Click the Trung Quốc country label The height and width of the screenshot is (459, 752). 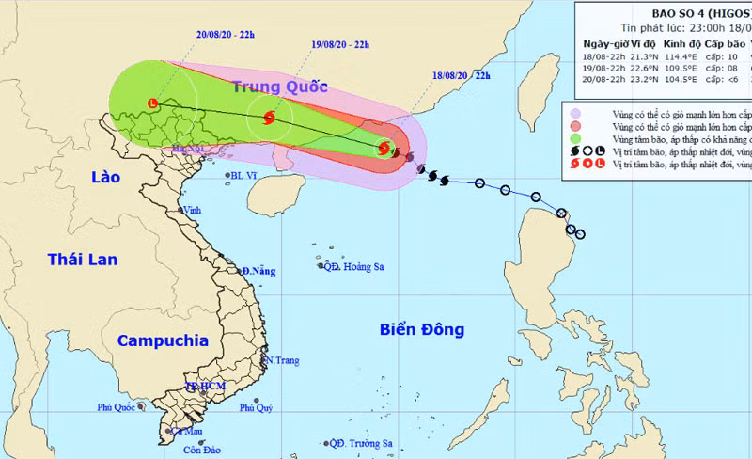(280, 87)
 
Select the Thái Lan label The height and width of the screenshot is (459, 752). (83, 259)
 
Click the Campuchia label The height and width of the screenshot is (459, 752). (162, 340)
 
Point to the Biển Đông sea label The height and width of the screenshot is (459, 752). (422, 329)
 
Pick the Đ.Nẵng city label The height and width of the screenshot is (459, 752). (258, 271)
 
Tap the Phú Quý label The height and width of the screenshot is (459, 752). (256, 407)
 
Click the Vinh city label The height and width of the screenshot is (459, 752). (193, 210)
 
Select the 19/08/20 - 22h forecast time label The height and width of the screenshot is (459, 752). (339, 44)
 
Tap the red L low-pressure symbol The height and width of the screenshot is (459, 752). (153, 103)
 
